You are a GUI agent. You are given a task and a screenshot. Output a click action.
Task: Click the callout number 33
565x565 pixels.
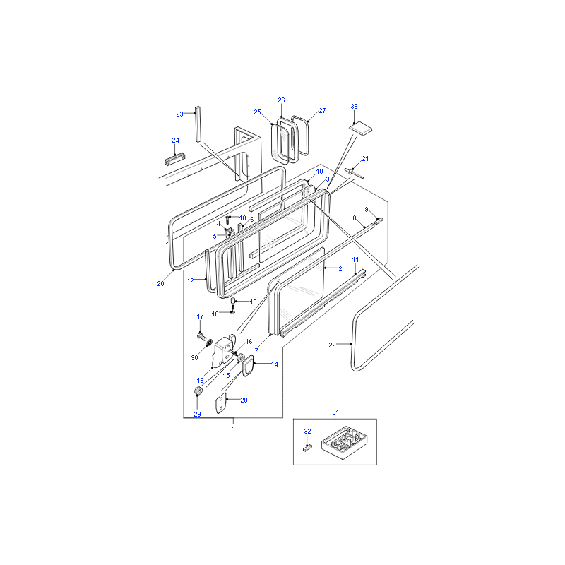coord(354,107)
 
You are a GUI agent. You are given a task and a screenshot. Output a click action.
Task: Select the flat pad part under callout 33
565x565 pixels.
coord(360,128)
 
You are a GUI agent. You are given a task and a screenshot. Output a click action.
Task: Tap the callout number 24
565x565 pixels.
coord(175,140)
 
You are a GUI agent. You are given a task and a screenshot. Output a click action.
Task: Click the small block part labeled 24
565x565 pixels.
coord(174,160)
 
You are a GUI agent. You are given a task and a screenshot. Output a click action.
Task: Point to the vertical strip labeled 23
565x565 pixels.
coord(198,124)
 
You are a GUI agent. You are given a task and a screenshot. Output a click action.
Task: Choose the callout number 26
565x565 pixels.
coord(281,100)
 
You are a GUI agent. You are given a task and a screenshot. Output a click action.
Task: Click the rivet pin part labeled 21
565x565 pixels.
coord(354,172)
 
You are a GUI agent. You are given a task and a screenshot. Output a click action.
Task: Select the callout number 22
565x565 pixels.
coord(332,345)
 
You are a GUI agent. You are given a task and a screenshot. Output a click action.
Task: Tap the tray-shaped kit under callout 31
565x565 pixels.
coord(344,443)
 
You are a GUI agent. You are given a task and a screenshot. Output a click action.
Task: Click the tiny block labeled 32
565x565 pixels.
coord(307,448)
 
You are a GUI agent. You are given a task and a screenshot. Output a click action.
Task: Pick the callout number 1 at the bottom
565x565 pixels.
coord(234,428)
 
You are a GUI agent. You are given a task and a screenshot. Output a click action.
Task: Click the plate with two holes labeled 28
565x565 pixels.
coord(221,403)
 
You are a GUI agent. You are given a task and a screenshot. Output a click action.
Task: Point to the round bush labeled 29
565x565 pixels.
coord(198,391)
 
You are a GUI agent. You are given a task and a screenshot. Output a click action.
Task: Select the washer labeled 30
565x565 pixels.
coord(208,342)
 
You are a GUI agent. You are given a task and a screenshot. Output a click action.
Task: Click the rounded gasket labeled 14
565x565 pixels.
coord(248,365)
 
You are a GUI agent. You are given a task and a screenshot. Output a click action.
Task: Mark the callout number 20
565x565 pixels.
coord(160,284)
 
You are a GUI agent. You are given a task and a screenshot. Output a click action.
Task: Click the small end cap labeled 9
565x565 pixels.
coord(379,220)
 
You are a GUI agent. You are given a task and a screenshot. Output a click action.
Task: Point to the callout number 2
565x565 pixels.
coord(340,268)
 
